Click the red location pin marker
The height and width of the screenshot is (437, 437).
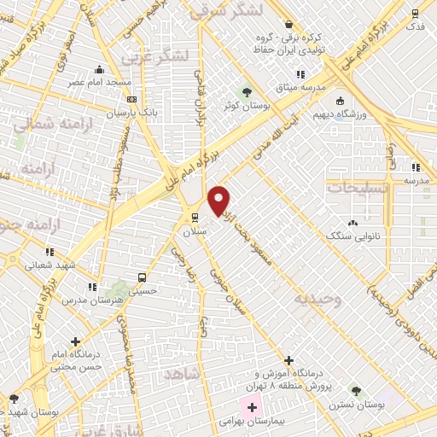[x=219, y=201]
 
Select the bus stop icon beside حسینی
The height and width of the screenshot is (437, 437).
[x=142, y=277]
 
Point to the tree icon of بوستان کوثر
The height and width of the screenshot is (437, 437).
[x=247, y=90]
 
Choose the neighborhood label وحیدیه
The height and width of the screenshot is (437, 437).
[x=318, y=299]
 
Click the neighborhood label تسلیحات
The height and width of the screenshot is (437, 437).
[x=358, y=186]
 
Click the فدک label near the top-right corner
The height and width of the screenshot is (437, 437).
[x=415, y=26]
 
